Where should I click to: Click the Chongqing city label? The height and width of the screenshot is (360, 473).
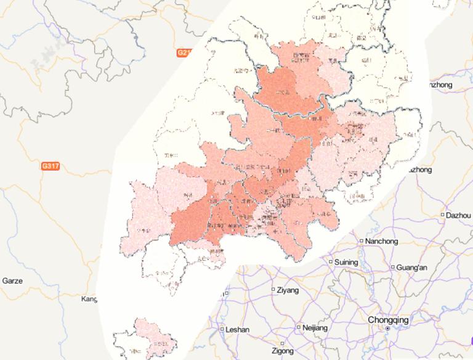[387, 320]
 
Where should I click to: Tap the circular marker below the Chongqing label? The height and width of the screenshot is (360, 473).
[387, 329]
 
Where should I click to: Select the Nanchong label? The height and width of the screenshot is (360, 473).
[381, 241]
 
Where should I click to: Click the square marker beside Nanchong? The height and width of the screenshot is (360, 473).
[362, 241]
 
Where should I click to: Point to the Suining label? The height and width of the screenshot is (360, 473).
[347, 262]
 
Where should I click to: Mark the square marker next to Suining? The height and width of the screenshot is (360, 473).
[331, 262]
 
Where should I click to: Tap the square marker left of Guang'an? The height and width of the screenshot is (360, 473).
[393, 268]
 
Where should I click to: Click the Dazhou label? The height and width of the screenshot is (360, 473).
[458, 215]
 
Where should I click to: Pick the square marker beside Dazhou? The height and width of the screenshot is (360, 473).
[443, 215]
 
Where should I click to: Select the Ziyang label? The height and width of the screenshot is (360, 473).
[288, 290]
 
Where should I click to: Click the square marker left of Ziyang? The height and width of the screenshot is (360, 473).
[273, 289]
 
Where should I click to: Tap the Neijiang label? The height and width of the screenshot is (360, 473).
[315, 328]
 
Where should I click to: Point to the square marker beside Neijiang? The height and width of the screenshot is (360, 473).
[299, 327]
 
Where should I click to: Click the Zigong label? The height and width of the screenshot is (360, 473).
[282, 351]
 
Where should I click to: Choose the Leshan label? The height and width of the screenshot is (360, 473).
[238, 330]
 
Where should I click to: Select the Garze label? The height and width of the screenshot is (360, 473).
[12, 281]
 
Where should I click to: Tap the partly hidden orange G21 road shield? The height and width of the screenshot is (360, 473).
[184, 53]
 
